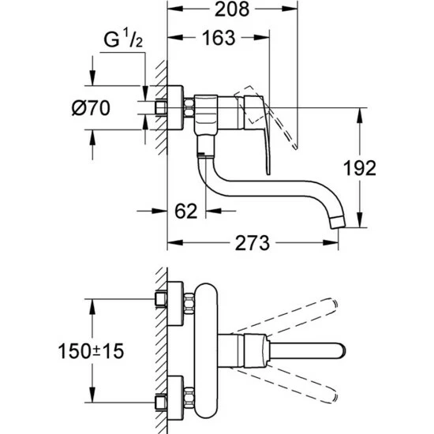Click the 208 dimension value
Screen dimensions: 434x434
[232, 9]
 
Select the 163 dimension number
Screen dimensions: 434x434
[219, 38]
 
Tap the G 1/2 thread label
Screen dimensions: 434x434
[123, 39]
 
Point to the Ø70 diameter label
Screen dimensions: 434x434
[91, 108]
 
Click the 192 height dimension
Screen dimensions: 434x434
[360, 168]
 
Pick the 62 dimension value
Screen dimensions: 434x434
[186, 211]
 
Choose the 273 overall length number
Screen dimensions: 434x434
[253, 243]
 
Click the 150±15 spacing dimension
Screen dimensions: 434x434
[91, 351]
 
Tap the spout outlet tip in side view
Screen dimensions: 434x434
[338, 223]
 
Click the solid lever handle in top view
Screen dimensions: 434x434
[307, 351]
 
